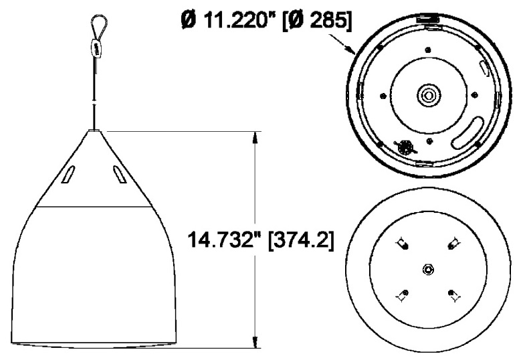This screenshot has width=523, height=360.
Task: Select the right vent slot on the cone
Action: (118, 175)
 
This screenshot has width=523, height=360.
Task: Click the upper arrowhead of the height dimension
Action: (254, 136)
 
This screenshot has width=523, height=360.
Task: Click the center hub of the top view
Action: (425, 95)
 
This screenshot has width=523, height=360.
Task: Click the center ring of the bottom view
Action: (428, 269)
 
